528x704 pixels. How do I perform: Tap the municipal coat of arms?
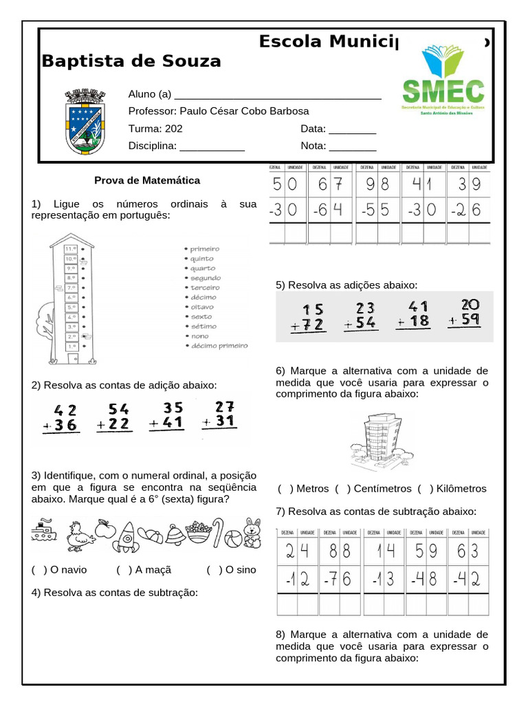[x=85, y=122]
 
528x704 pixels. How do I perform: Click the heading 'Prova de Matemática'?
[x=147, y=180]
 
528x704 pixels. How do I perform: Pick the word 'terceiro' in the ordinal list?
[x=204, y=287]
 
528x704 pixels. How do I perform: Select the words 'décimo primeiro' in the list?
[x=218, y=346]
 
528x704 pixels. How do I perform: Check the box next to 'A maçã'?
[x=124, y=570]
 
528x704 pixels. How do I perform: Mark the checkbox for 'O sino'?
[x=214, y=570]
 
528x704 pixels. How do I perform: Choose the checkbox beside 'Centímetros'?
[x=343, y=489]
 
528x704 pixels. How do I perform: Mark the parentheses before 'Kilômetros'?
[x=425, y=489]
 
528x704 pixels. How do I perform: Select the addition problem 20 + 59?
[x=463, y=313]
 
